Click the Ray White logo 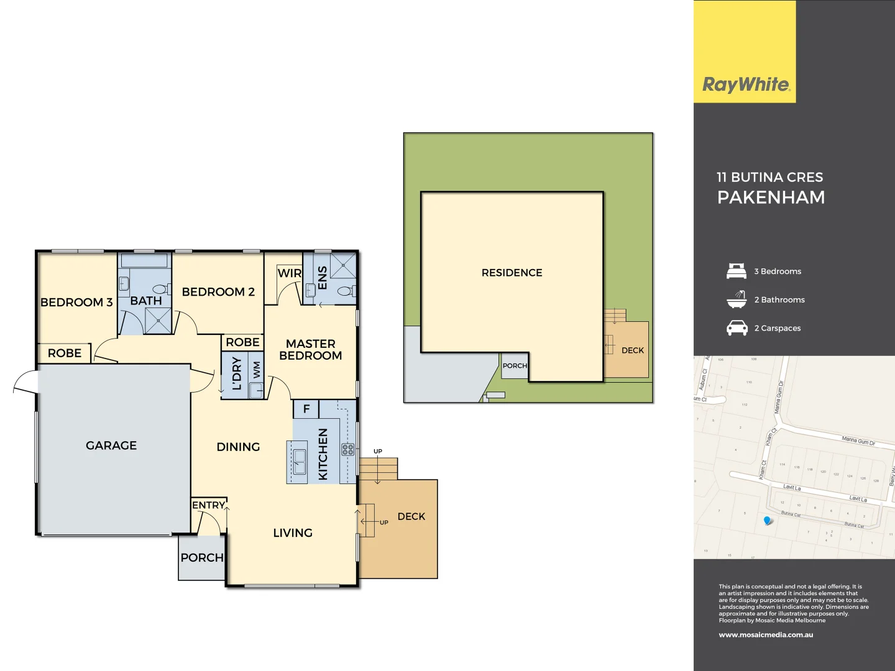click(745, 84)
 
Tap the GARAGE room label click(111, 445)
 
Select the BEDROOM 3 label click(76, 303)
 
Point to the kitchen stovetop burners click(347, 449)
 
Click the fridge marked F click(306, 409)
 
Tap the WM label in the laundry click(256, 370)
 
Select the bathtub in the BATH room click(145, 260)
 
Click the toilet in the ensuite click(346, 291)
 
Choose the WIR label click(289, 273)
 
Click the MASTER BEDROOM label click(310, 349)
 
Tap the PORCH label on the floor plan click(201, 558)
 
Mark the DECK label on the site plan click(632, 350)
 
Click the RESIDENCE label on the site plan click(512, 273)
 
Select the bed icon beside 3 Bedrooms click(737, 271)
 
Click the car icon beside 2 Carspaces click(737, 327)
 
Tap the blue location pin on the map click(768, 520)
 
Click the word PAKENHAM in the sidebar click(771, 198)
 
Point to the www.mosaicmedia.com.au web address click(766, 635)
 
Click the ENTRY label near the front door click(208, 505)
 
